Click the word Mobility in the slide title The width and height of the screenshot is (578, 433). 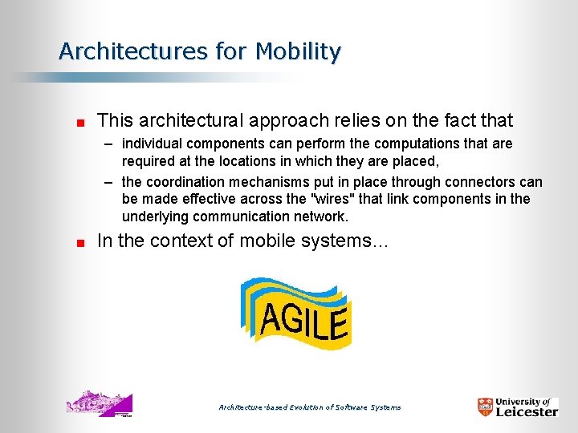[x=299, y=51]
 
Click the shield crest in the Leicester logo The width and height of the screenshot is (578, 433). [x=486, y=407]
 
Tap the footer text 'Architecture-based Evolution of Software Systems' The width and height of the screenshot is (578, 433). [x=310, y=407]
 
